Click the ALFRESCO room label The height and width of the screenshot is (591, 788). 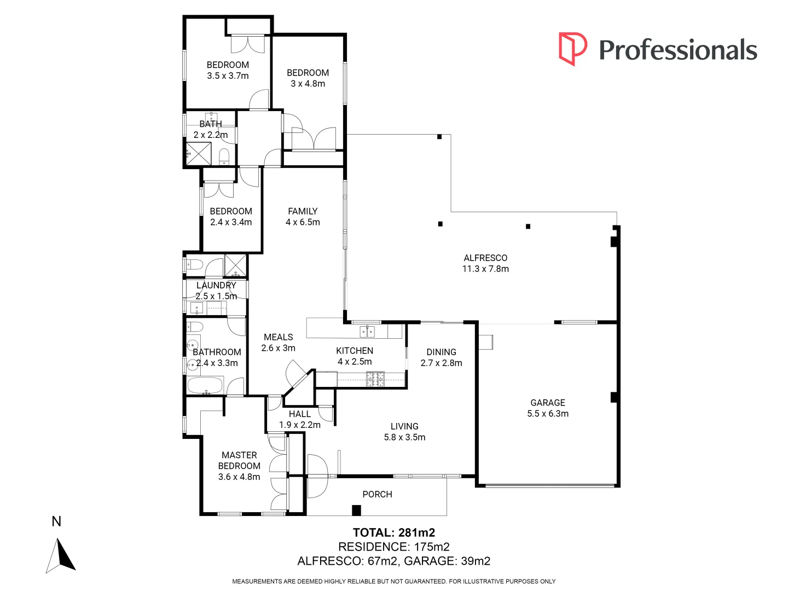point(485,258)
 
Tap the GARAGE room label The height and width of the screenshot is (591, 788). point(548,403)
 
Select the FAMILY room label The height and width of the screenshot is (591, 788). point(303,211)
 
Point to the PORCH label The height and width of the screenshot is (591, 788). point(377,495)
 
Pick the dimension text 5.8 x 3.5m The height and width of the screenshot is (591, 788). point(404,437)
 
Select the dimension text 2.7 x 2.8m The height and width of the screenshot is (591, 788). point(441,363)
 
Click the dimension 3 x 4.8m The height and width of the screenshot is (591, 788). point(308,84)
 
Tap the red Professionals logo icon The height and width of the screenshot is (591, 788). point(572,49)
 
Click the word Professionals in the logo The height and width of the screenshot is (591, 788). point(678,50)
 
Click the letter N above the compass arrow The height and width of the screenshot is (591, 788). point(56,522)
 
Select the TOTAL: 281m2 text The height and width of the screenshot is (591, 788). point(393,532)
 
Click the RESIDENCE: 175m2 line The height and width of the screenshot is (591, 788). point(393,547)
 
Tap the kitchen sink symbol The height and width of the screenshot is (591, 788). point(367,331)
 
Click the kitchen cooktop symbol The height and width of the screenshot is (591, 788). point(375,379)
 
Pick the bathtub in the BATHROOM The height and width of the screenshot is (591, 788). point(205,385)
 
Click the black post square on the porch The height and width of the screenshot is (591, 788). point(356,511)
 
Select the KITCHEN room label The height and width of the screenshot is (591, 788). point(355,351)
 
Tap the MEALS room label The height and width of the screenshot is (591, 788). point(278,337)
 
